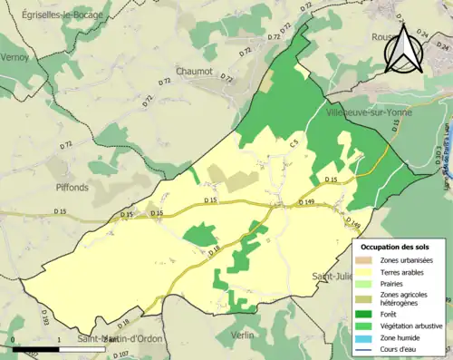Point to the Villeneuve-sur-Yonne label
click(370, 113)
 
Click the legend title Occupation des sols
click(396, 247)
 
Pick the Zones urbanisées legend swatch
click(370, 260)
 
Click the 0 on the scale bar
click(14, 340)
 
